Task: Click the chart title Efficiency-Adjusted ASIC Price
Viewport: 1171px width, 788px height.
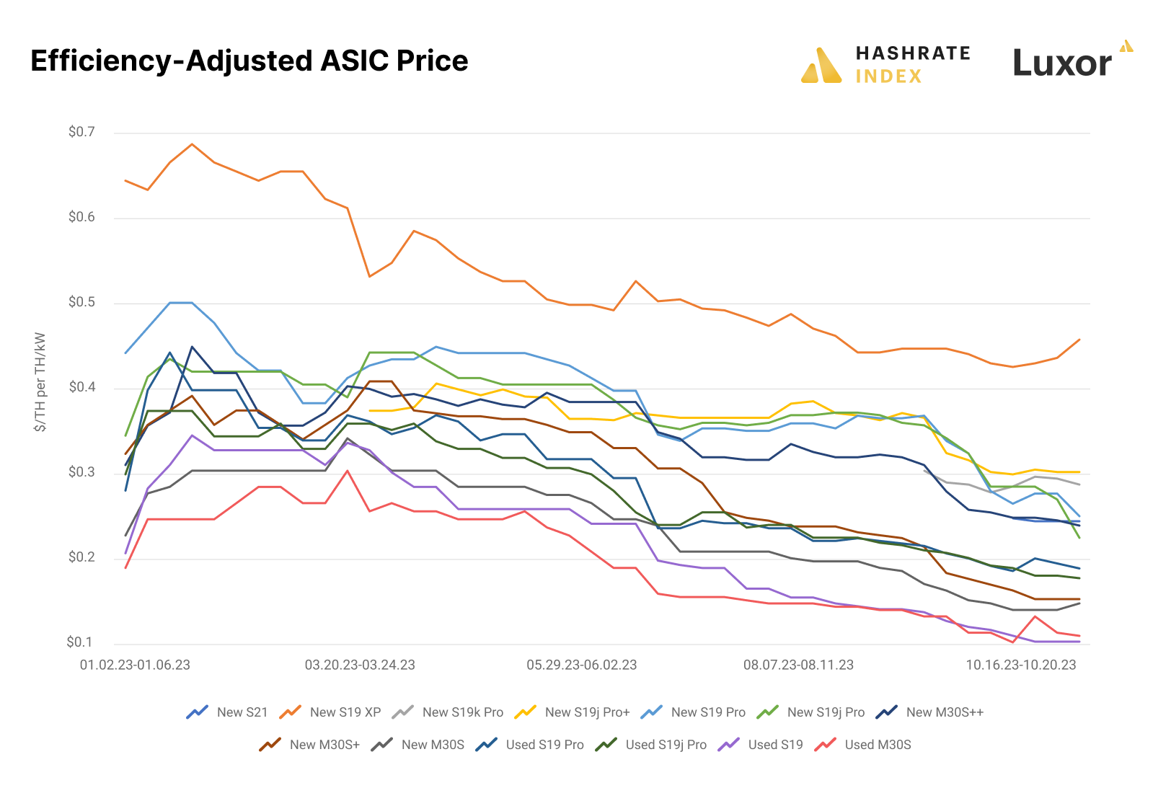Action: (x=249, y=61)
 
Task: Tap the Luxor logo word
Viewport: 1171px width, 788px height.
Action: (x=1062, y=63)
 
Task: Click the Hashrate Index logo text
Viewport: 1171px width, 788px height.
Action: (x=912, y=64)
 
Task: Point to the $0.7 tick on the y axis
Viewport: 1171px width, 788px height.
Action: (x=81, y=132)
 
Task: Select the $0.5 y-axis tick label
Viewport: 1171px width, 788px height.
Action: (x=81, y=302)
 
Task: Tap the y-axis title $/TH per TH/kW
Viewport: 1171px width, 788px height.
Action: (x=40, y=382)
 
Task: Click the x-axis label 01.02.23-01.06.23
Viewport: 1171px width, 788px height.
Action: (x=135, y=665)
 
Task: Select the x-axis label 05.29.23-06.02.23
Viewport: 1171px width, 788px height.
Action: (x=581, y=665)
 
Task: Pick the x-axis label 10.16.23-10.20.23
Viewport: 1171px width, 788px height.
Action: (x=1020, y=665)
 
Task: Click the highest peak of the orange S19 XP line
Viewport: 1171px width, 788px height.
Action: (x=192, y=144)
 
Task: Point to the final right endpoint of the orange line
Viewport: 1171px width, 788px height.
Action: (x=1079, y=340)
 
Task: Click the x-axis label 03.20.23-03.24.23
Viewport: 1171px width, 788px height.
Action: (x=360, y=665)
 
